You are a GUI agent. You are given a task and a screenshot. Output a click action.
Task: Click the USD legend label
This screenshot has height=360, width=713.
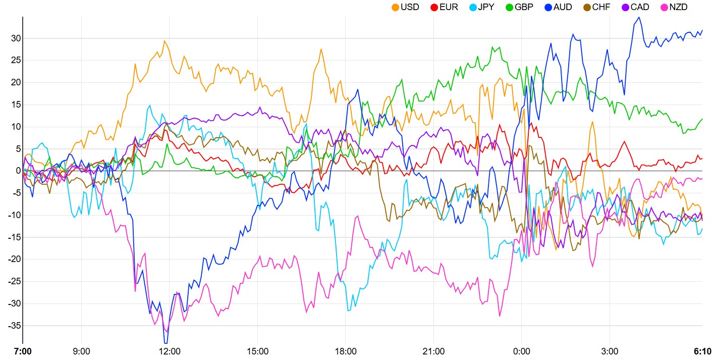pos(409,7)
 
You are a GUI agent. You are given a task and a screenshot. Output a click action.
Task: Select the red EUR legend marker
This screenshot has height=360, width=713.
pos(434,7)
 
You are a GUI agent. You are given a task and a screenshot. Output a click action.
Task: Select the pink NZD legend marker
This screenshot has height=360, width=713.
pos(665,7)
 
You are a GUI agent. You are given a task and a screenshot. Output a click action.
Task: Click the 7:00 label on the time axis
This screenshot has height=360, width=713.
pos(23,351)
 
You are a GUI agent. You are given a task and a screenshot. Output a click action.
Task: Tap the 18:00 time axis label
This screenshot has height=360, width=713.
pos(345,351)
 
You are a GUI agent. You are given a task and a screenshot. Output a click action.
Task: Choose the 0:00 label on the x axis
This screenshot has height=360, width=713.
pos(521,351)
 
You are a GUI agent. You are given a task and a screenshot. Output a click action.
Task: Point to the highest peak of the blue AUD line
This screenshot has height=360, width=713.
pos(639,17)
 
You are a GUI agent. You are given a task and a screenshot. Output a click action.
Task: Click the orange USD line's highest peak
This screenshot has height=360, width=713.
pos(164,40)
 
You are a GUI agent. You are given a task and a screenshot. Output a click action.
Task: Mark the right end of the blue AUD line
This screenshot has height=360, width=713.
pos(702,30)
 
